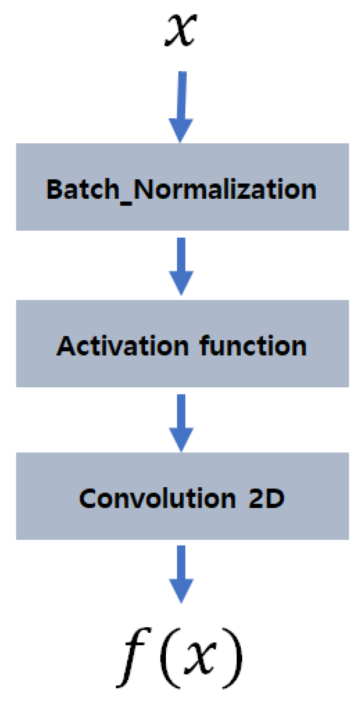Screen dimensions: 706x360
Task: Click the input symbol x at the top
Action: click(x=181, y=30)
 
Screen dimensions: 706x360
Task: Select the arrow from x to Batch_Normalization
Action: click(x=181, y=107)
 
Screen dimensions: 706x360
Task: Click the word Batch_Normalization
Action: click(x=181, y=189)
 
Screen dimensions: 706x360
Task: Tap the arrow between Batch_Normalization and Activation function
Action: click(x=181, y=266)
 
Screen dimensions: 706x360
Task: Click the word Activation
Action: click(x=123, y=346)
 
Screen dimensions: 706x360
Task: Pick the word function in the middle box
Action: click(x=253, y=346)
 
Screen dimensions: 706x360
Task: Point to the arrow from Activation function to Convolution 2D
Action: click(x=181, y=423)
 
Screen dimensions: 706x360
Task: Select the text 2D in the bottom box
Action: click(x=267, y=499)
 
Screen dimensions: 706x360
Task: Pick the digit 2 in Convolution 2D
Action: click(x=256, y=499)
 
